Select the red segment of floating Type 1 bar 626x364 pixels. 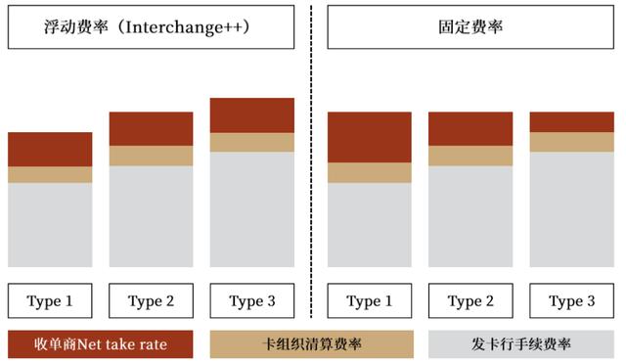[x=50, y=149]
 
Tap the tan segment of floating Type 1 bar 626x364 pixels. [x=50, y=174]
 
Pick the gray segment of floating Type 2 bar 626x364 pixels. [x=151, y=216]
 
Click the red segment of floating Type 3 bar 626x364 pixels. [x=251, y=115]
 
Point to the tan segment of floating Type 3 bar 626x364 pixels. [x=251, y=142]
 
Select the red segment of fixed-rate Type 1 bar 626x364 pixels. [x=369, y=137]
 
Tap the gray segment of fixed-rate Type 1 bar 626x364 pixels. [x=369, y=225]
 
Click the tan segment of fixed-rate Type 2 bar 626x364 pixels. [x=469, y=156]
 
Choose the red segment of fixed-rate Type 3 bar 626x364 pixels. [x=570, y=121]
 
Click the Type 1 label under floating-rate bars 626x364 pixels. [x=50, y=300]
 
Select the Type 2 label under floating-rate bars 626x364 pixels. [x=151, y=300]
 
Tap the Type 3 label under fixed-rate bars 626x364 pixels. [x=570, y=300]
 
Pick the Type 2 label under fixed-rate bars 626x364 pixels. [x=469, y=300]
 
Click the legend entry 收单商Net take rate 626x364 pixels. [x=101, y=343]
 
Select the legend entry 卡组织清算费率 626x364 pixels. [x=312, y=343]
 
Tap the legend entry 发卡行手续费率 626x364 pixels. [x=521, y=343]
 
